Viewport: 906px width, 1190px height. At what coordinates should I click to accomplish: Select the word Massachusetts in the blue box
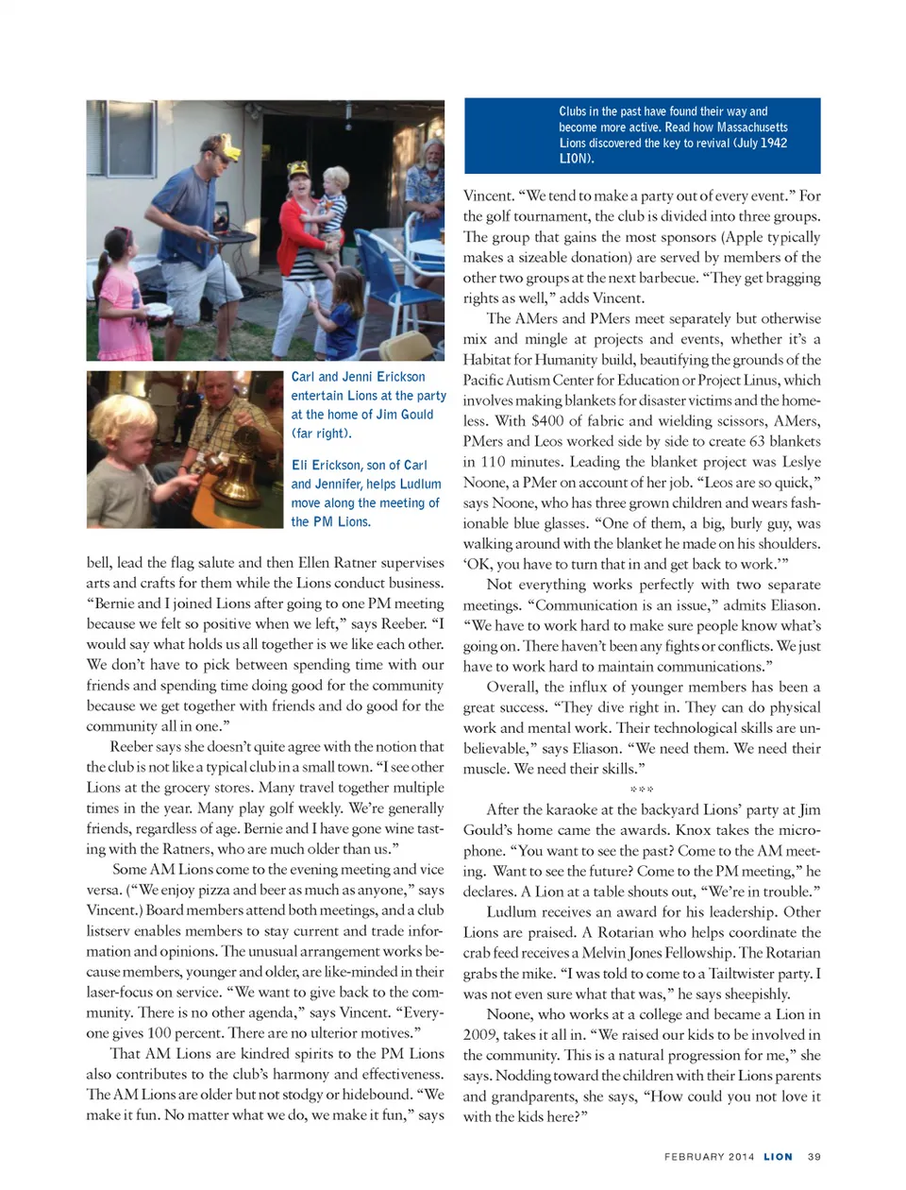click(752, 127)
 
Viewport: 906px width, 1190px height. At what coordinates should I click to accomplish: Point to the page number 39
click(814, 1157)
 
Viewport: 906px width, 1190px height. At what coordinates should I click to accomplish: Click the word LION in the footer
click(778, 1157)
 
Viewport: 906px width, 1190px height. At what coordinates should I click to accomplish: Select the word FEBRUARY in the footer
click(694, 1157)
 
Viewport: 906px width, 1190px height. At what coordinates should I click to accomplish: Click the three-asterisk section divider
click(642, 789)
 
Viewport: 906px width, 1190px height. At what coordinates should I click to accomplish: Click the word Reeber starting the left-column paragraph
click(131, 747)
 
